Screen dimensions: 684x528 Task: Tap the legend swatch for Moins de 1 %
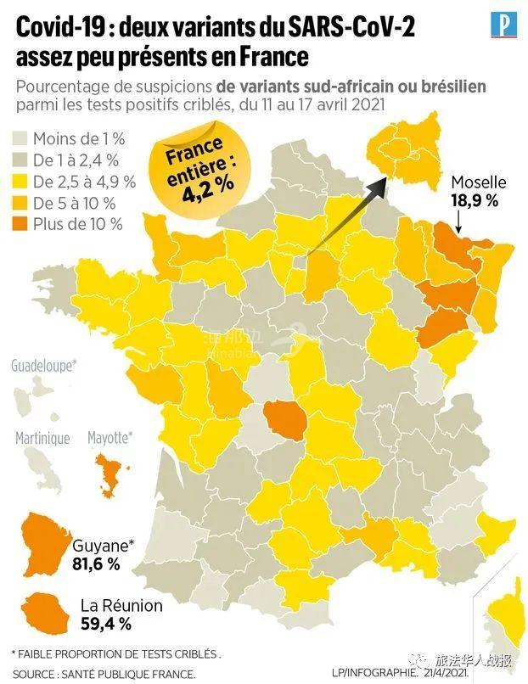pyautogui.click(x=20, y=137)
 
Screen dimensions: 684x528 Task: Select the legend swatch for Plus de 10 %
pyautogui.click(x=20, y=224)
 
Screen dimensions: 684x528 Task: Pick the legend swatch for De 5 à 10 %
pyautogui.click(x=20, y=203)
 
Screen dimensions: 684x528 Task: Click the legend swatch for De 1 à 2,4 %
pyautogui.click(x=20, y=159)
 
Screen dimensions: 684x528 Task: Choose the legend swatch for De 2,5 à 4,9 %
pyautogui.click(x=20, y=181)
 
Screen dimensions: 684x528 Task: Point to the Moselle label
pyautogui.click(x=478, y=182)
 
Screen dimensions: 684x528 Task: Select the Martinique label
pyautogui.click(x=42, y=438)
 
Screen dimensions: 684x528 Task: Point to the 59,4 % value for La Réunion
pyautogui.click(x=106, y=625)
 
